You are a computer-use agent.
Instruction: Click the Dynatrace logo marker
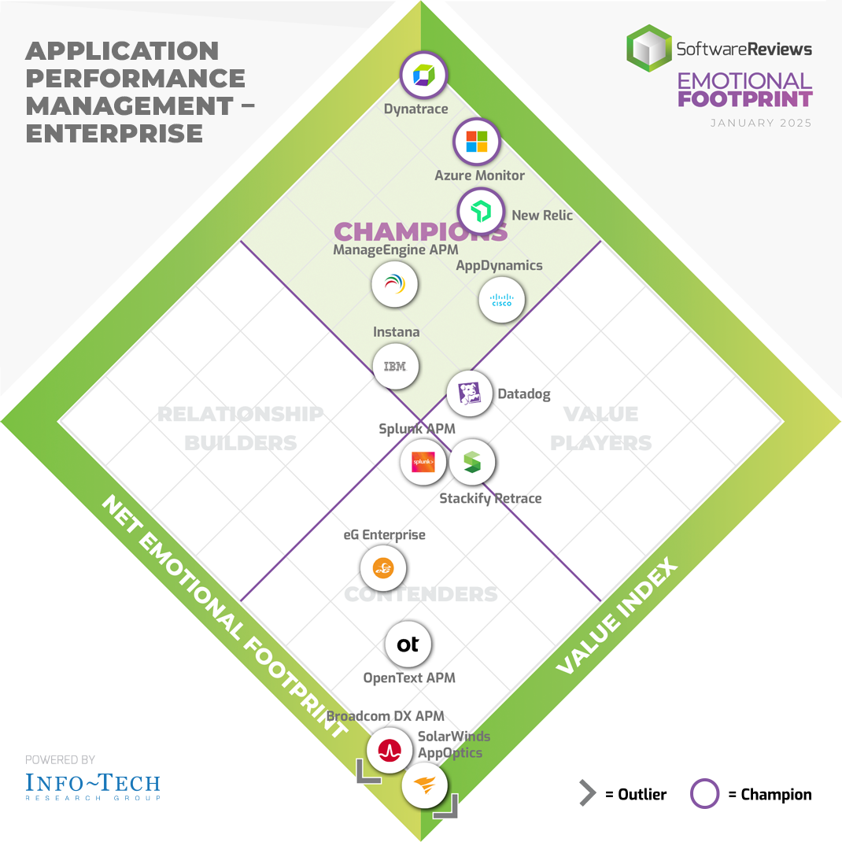click(x=423, y=76)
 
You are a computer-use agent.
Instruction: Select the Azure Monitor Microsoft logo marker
click(x=477, y=142)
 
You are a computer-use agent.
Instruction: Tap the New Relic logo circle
click(x=481, y=211)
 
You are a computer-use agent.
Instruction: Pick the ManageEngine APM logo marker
click(x=394, y=284)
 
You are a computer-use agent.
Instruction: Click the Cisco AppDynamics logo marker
click(x=501, y=300)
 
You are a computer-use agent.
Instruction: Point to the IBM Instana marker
click(x=394, y=366)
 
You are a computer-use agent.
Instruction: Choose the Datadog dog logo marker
click(x=470, y=393)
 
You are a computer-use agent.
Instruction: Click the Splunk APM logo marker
click(x=423, y=462)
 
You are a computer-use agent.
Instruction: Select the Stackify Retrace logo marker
click(x=471, y=462)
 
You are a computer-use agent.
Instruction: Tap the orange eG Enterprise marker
click(x=383, y=567)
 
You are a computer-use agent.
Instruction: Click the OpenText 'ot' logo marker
click(x=408, y=644)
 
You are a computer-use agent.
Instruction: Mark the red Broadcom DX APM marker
click(x=389, y=750)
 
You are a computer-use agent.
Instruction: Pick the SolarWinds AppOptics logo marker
click(x=425, y=785)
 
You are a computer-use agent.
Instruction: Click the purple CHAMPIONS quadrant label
click(x=420, y=231)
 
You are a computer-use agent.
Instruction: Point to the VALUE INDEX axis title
click(x=617, y=616)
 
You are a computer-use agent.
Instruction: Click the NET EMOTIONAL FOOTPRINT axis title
click(x=224, y=617)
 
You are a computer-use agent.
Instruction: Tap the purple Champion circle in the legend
click(x=704, y=794)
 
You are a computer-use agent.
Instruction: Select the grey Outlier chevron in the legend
click(x=587, y=794)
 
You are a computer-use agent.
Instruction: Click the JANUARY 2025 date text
click(x=760, y=124)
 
